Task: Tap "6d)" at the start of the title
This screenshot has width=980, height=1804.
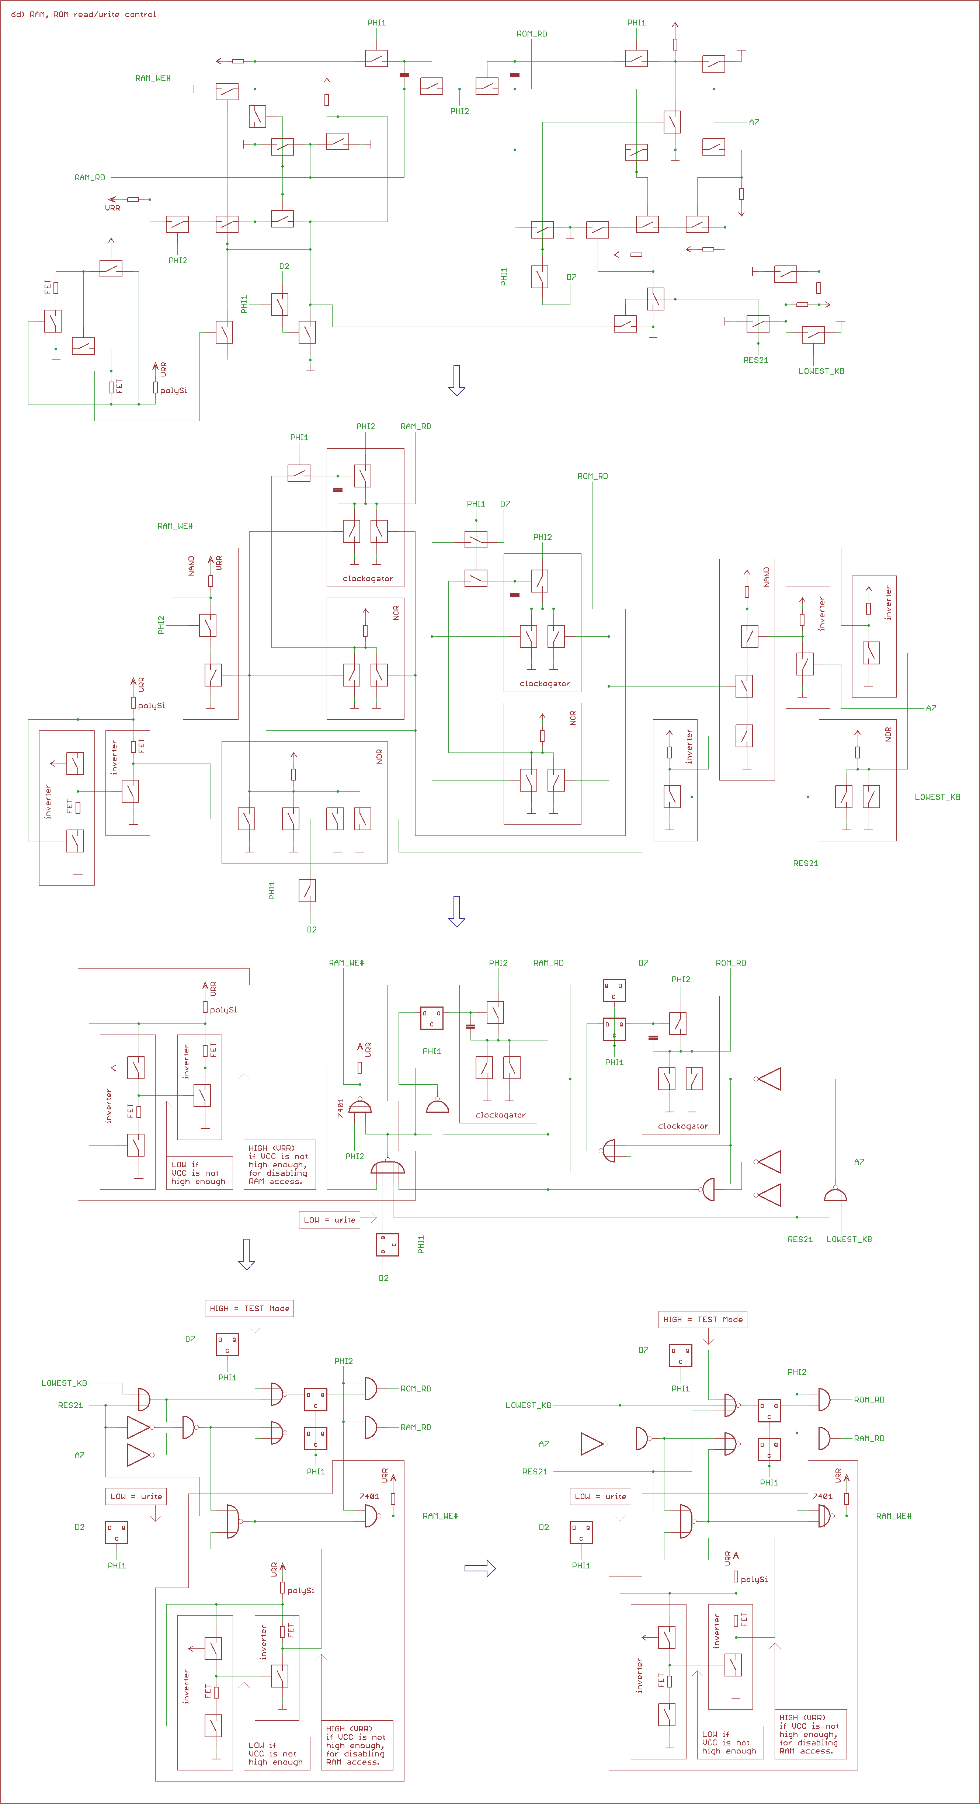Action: click(17, 14)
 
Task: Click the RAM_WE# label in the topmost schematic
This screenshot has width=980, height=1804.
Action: click(153, 78)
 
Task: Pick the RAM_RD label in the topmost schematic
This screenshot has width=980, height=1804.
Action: click(90, 177)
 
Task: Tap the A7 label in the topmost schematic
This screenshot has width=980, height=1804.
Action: click(754, 122)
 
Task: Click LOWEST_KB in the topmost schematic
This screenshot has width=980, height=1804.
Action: click(821, 371)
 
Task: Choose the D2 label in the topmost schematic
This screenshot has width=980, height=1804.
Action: click(284, 266)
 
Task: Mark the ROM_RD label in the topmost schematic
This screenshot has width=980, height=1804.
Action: click(532, 34)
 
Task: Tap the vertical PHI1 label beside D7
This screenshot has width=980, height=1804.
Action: click(504, 277)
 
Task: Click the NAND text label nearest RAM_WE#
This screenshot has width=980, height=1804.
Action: click(191, 566)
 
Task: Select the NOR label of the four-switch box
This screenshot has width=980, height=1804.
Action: click(379, 756)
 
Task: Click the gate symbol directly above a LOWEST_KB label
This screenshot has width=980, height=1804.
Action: click(835, 1194)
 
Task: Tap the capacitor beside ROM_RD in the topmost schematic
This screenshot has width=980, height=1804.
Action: click(515, 74)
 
